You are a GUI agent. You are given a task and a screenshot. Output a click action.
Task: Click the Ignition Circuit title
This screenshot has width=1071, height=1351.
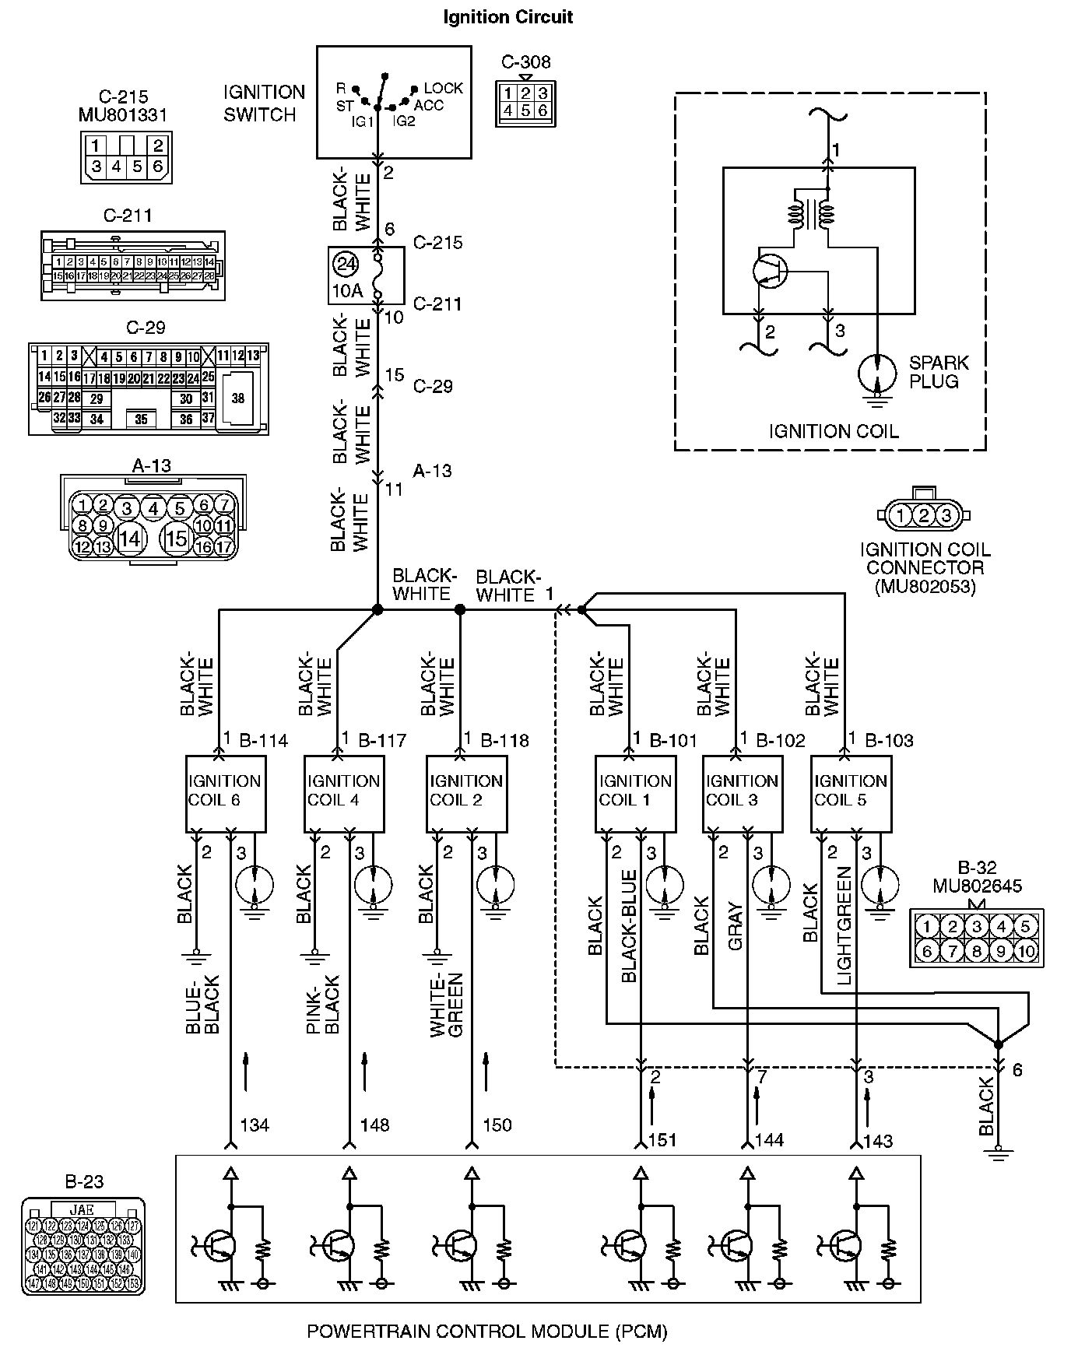(x=507, y=17)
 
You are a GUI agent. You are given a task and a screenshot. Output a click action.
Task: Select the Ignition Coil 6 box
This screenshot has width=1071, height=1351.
(x=226, y=791)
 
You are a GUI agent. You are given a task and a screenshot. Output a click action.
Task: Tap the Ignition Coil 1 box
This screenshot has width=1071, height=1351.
(x=635, y=791)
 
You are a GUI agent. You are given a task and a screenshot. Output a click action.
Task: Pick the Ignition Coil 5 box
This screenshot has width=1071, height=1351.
(x=851, y=791)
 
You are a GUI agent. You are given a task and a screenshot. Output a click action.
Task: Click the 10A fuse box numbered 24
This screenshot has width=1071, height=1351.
(x=365, y=275)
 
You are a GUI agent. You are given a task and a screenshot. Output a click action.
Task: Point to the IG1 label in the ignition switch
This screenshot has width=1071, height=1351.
(x=363, y=121)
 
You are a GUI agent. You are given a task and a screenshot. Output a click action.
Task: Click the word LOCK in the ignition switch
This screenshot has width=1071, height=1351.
(x=444, y=89)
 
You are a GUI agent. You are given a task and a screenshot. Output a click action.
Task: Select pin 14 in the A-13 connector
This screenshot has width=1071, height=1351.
(x=129, y=538)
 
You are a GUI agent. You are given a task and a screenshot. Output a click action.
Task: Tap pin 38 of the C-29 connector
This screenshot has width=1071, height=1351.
(x=237, y=398)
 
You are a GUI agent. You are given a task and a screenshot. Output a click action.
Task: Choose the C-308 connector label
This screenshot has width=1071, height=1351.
(x=525, y=62)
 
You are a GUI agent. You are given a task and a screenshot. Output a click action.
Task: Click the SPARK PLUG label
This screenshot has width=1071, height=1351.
(x=939, y=372)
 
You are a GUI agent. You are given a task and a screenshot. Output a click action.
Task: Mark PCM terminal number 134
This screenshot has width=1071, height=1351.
(x=255, y=1125)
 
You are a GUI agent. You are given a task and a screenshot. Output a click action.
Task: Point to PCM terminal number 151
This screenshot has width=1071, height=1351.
(x=662, y=1140)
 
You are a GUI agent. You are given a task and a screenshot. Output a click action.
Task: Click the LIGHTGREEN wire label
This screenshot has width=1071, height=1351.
(x=844, y=926)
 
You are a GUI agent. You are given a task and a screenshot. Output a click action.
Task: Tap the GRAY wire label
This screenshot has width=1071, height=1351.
(x=736, y=926)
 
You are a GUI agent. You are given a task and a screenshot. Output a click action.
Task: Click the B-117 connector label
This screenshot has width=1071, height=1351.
(x=382, y=740)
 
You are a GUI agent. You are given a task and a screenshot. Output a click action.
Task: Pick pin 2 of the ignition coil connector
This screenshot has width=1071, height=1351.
(x=923, y=515)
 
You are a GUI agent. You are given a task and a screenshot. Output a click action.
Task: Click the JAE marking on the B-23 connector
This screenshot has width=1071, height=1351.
(x=82, y=1209)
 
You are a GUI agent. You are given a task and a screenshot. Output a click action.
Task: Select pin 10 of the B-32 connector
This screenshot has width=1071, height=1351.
(x=1026, y=951)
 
